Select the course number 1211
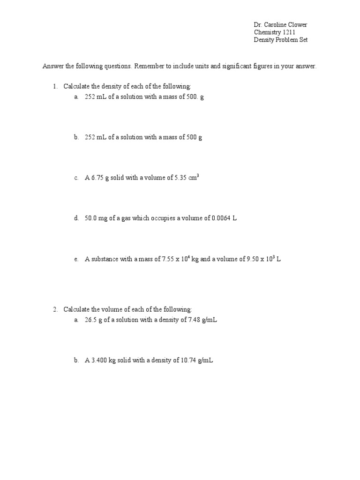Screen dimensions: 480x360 pyautogui.click(x=288, y=32)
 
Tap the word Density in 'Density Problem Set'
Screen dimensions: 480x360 pyautogui.click(x=265, y=40)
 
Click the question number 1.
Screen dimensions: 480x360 pyautogui.click(x=54, y=86)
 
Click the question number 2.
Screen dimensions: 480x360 pyautogui.click(x=54, y=309)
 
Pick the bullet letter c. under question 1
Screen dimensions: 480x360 pyautogui.click(x=76, y=178)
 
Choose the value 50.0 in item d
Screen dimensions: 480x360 pyautogui.click(x=90, y=218)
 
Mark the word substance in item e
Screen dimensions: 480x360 pyautogui.click(x=105, y=259)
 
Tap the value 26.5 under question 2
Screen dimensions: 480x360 pyautogui.click(x=90, y=320)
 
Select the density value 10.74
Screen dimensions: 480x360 pyautogui.click(x=189, y=360)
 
